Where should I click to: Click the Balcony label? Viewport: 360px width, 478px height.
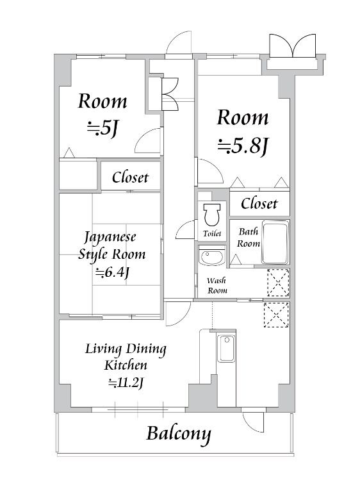(179, 434)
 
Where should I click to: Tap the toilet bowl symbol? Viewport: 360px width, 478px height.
(212, 214)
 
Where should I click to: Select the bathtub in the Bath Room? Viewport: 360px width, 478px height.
(275, 243)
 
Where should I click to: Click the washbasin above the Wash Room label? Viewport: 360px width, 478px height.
(211, 256)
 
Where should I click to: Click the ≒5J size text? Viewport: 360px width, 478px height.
(102, 129)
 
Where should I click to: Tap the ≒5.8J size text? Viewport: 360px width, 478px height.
(243, 145)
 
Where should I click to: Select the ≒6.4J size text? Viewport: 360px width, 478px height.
(112, 272)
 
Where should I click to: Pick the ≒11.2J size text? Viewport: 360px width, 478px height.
(126, 383)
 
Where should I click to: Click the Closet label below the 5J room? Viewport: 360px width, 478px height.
(130, 177)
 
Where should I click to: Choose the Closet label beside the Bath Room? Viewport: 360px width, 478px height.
(259, 203)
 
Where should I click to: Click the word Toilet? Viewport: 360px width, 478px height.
(212, 233)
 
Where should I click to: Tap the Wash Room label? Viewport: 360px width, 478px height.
(217, 285)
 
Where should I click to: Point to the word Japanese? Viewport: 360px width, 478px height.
(110, 238)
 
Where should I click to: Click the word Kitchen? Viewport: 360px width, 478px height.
(126, 365)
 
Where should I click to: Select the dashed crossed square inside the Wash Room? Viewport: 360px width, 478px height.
(278, 283)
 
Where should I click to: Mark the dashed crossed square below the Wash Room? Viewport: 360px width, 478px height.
(276, 315)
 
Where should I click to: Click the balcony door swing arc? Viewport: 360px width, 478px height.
(252, 423)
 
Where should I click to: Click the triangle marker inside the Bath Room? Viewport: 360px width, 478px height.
(235, 260)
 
